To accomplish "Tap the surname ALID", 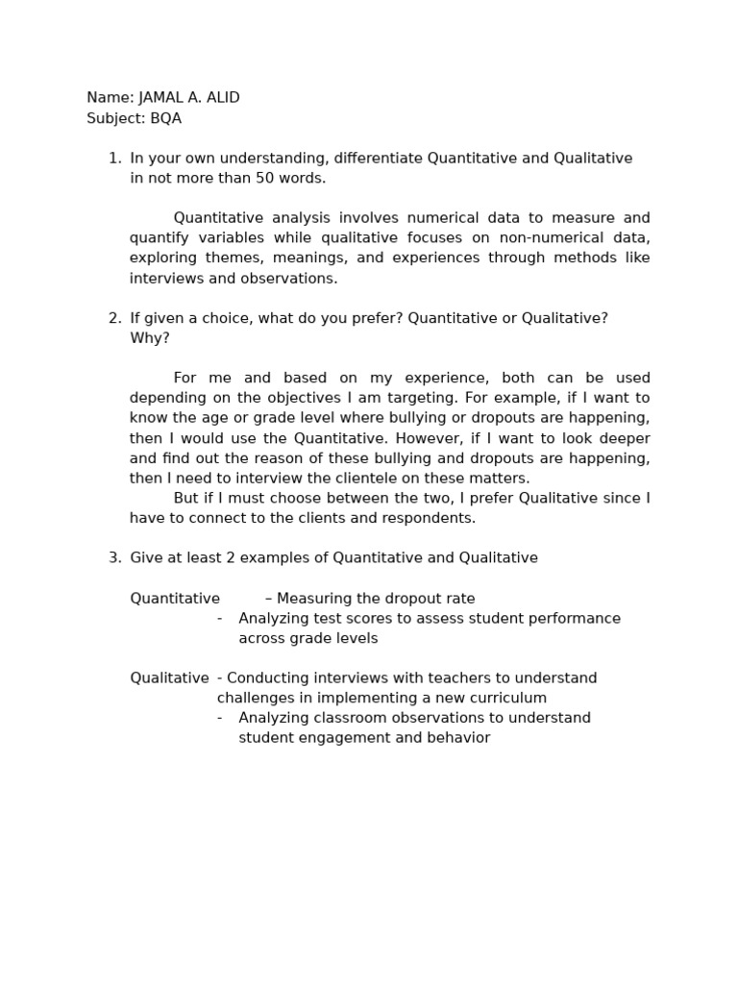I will click(223, 98).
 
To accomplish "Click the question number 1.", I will click(113, 159).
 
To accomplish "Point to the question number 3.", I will click(113, 558).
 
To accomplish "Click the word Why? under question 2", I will click(149, 338).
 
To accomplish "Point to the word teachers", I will click(414, 678).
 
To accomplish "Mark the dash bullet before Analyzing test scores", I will click(220, 619).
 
